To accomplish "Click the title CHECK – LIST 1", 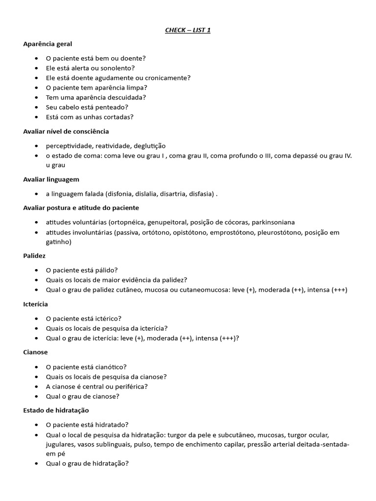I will tap(188, 30).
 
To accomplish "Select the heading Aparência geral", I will tap(47, 44).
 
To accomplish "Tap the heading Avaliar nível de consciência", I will tap(66, 131).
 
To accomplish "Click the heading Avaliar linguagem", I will tap(51, 179).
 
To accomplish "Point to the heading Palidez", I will tap(34, 255).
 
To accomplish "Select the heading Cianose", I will tap(35, 352).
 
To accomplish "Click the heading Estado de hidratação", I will tap(56, 410).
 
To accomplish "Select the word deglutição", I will tap(149, 146).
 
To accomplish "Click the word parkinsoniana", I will tap(273, 222).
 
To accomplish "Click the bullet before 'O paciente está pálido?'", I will tap(37, 270).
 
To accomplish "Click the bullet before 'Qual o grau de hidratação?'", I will tap(37, 463).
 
